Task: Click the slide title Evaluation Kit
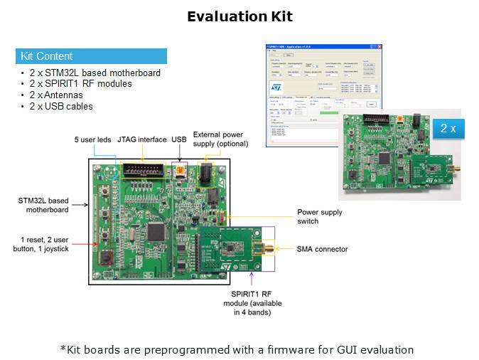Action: coord(239,16)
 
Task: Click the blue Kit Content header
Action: coord(91,56)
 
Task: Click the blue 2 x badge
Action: coord(448,128)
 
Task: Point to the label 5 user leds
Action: coord(93,139)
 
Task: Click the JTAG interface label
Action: coord(141,139)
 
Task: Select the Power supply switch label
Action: coord(320,216)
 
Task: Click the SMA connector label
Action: coord(322,249)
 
